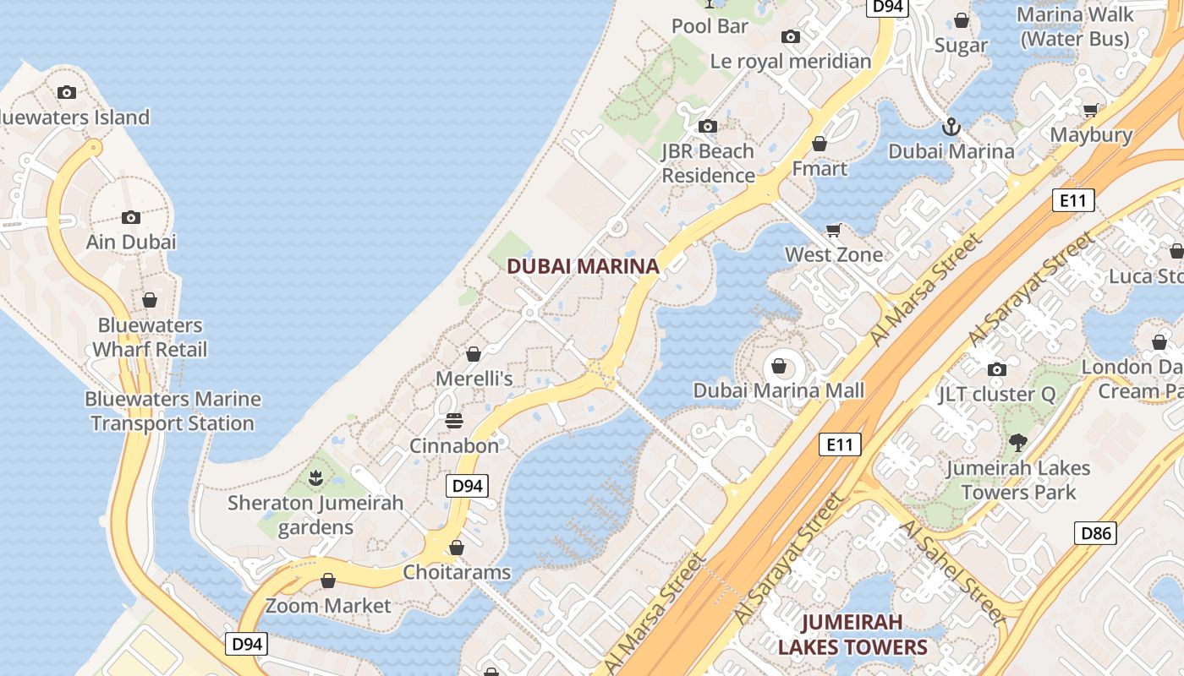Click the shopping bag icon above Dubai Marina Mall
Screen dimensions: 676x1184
[x=778, y=367]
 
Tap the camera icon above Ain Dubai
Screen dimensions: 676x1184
[x=130, y=217]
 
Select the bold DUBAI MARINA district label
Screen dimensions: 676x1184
[x=583, y=266]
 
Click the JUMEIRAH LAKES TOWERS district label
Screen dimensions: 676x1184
[x=852, y=635]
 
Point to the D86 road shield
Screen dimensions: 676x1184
[x=1095, y=533]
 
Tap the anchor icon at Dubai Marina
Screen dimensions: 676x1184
[x=951, y=127]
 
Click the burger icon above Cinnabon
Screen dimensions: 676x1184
[x=454, y=421]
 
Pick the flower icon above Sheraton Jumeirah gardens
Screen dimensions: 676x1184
[x=315, y=478]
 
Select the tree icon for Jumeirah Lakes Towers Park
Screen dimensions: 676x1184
[x=1018, y=442]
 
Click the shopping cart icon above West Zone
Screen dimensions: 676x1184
[x=834, y=230]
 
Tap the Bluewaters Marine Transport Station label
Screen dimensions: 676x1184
[x=173, y=411]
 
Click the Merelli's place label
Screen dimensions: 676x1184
[x=474, y=378]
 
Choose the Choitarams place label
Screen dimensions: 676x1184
[x=457, y=572]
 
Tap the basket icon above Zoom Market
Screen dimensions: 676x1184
[x=328, y=581]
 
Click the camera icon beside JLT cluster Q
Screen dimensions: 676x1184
[x=997, y=369]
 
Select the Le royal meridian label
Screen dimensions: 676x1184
[x=790, y=61]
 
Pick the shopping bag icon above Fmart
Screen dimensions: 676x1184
[x=819, y=144]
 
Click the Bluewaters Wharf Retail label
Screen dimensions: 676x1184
[x=150, y=337]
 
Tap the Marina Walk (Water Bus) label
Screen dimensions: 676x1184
[x=1074, y=26]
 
